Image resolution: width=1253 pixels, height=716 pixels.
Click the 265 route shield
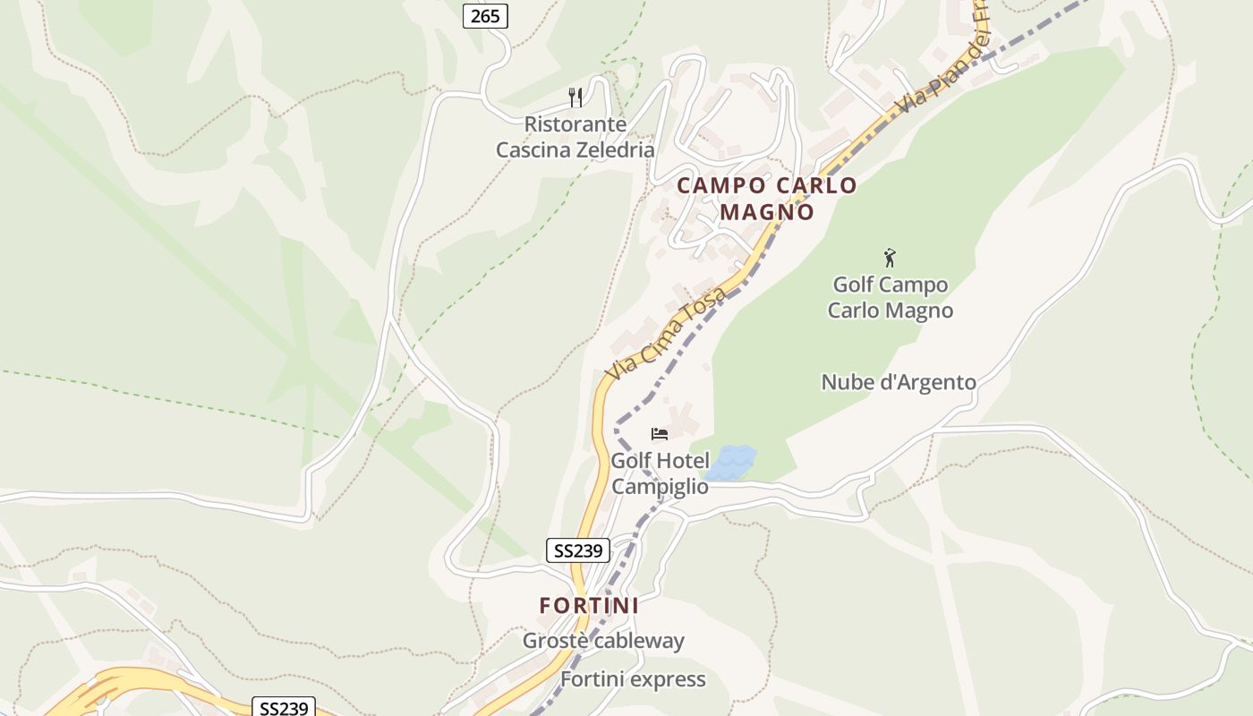485,15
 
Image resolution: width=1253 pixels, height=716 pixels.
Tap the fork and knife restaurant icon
575,97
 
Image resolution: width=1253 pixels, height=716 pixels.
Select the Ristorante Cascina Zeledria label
575,137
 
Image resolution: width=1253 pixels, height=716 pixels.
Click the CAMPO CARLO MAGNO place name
767,199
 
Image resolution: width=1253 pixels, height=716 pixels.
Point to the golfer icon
889,259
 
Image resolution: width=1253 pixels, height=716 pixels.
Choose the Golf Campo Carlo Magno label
890,297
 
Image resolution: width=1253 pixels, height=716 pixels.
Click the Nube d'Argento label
899,382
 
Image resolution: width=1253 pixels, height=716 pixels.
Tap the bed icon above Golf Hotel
660,434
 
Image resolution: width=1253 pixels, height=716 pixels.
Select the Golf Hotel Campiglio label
660,473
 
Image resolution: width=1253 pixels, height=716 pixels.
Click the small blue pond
732,462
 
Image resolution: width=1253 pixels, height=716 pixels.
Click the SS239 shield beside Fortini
577,550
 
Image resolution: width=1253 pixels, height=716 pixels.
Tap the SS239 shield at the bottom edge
284,707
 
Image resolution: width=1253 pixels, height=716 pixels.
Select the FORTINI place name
589,606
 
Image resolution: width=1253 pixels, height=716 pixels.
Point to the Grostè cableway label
603,641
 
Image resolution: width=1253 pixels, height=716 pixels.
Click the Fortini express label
633,679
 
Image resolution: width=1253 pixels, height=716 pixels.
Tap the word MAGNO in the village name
767,212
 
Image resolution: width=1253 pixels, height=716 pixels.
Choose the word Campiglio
660,487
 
